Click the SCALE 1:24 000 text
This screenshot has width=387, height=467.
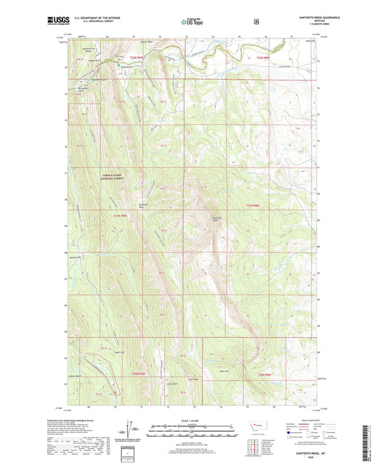(x=193, y=421)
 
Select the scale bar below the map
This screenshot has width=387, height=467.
(x=193, y=433)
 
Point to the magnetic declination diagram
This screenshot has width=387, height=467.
(x=132, y=431)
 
